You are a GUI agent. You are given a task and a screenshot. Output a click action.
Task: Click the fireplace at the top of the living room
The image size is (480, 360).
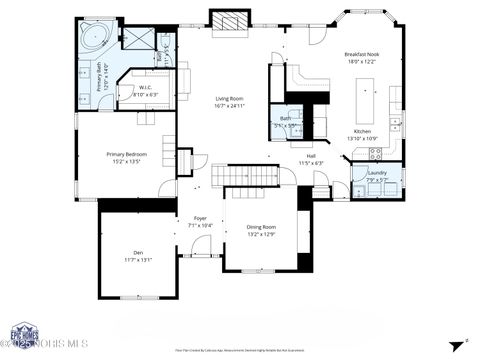[x=228, y=20]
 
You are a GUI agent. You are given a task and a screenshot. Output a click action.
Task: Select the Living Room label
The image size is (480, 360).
[x=230, y=98]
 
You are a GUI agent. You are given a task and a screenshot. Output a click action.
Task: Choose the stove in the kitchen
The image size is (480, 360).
[x=376, y=154]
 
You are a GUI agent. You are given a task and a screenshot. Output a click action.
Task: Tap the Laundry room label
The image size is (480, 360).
[x=377, y=173]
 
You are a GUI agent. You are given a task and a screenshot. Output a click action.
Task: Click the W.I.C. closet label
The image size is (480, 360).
[x=145, y=87]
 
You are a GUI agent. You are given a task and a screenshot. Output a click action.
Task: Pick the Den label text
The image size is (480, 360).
[x=138, y=252]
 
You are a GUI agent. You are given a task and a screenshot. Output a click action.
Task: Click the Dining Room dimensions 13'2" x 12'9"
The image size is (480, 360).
[x=262, y=234]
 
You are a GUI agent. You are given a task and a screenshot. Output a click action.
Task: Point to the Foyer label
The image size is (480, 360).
[x=200, y=218]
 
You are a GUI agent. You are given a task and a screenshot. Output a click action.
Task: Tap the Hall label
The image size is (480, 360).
[x=311, y=156]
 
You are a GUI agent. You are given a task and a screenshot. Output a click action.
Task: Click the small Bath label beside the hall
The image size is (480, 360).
[x=286, y=118]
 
